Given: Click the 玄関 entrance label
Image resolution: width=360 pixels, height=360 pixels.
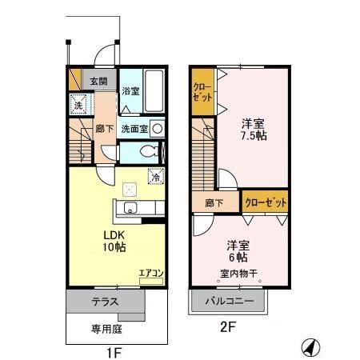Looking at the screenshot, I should click(98, 81).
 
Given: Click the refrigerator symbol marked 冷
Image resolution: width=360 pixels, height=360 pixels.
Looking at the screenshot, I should click(155, 178).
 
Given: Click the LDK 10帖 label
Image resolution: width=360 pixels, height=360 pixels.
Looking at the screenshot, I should click(113, 241).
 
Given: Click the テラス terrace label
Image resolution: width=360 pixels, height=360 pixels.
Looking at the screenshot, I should click(105, 302).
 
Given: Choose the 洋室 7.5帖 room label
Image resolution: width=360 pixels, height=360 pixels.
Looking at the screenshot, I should click(254, 129).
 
